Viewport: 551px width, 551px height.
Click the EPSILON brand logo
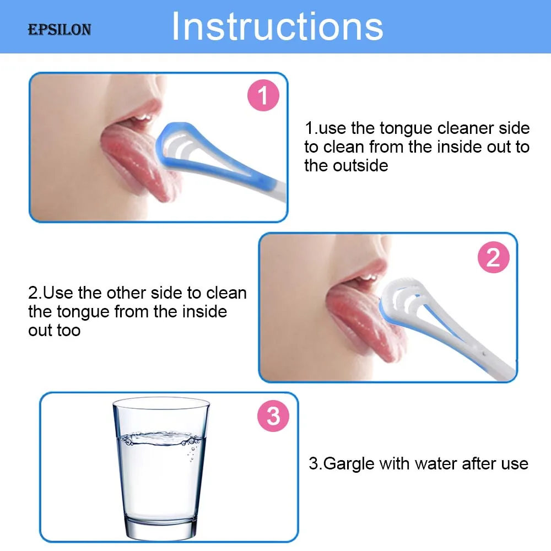[x=60, y=30]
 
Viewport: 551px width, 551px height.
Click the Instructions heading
[x=277, y=26]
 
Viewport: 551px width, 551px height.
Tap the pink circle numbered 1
[x=263, y=95]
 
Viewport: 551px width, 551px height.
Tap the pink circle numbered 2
[x=493, y=257]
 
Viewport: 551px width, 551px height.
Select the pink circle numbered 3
[x=273, y=416]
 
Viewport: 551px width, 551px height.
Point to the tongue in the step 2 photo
[x=364, y=322]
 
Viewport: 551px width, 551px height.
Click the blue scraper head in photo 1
[x=176, y=148]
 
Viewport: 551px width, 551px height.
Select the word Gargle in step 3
[x=349, y=464]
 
